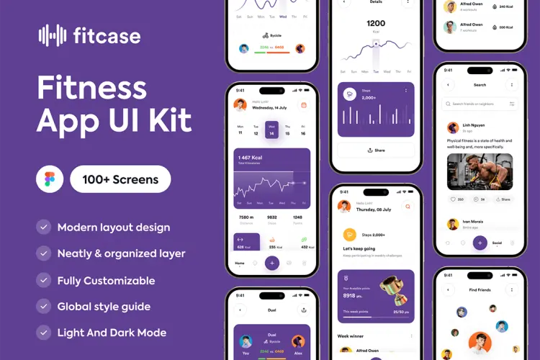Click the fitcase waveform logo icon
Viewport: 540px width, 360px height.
click(x=52, y=35)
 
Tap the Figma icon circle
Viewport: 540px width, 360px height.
click(x=50, y=179)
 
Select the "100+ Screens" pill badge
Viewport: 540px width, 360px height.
click(x=120, y=179)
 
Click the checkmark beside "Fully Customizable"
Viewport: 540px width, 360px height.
click(x=43, y=280)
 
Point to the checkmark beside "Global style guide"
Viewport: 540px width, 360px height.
click(x=43, y=306)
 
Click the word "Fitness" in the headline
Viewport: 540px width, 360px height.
click(x=92, y=89)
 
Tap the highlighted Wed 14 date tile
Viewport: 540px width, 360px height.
click(x=271, y=129)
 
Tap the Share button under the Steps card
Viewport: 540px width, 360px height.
click(x=376, y=150)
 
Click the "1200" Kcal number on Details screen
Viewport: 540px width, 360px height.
click(x=376, y=23)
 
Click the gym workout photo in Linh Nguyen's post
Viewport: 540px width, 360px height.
click(x=480, y=171)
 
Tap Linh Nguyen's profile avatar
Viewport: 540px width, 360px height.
click(x=453, y=128)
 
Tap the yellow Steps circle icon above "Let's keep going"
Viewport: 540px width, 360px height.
click(x=349, y=234)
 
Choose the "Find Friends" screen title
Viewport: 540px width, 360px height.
click(x=480, y=289)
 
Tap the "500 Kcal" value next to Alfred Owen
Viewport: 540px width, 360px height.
click(x=506, y=27)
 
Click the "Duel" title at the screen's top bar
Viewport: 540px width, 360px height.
click(x=272, y=310)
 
